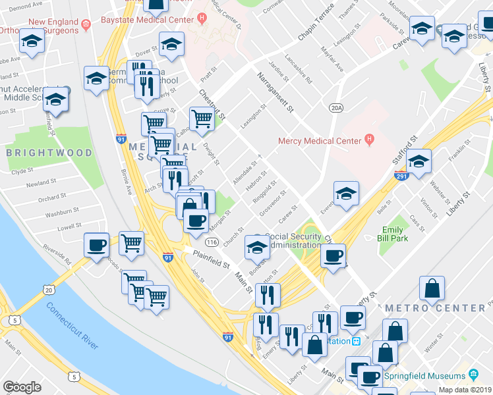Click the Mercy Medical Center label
point(320,140)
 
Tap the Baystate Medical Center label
point(142,20)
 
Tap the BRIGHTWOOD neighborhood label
point(49,153)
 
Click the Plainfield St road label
point(210,260)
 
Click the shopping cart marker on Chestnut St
point(202,119)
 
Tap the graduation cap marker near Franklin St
point(419,161)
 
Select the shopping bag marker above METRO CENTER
point(432,287)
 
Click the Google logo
point(22,386)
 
